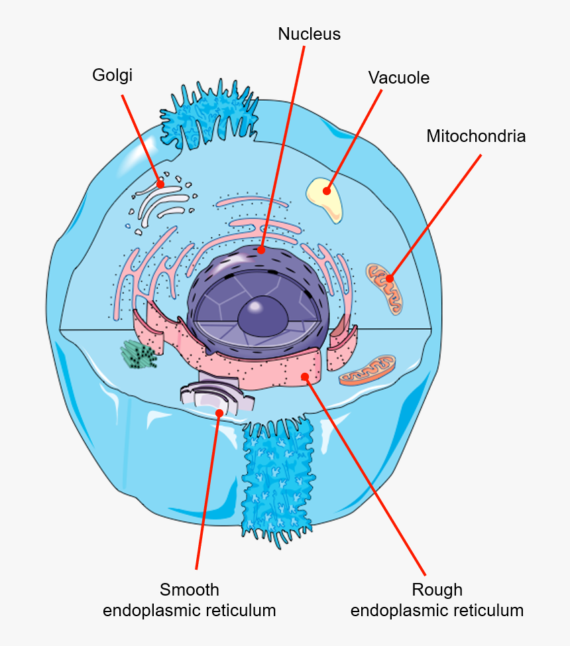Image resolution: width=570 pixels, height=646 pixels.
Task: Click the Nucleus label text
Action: click(x=309, y=34)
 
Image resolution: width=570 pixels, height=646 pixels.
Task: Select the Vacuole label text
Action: click(x=398, y=78)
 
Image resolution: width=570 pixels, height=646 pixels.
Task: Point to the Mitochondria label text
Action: click(x=476, y=137)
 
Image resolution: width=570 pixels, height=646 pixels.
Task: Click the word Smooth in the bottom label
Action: click(x=189, y=590)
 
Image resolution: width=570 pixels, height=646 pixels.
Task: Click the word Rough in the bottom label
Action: click(x=437, y=590)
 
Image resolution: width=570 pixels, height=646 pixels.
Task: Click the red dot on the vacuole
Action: click(x=327, y=192)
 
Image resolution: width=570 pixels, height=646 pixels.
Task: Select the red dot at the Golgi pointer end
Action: click(x=160, y=183)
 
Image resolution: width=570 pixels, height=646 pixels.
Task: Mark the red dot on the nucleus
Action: click(x=261, y=251)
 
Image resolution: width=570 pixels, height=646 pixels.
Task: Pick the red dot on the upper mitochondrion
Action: click(x=390, y=279)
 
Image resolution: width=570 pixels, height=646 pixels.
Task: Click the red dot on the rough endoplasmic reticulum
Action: click(x=305, y=377)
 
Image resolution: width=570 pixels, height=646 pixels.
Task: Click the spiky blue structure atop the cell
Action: click(x=209, y=118)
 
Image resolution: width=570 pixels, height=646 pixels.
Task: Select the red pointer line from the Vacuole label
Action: click(x=355, y=139)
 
